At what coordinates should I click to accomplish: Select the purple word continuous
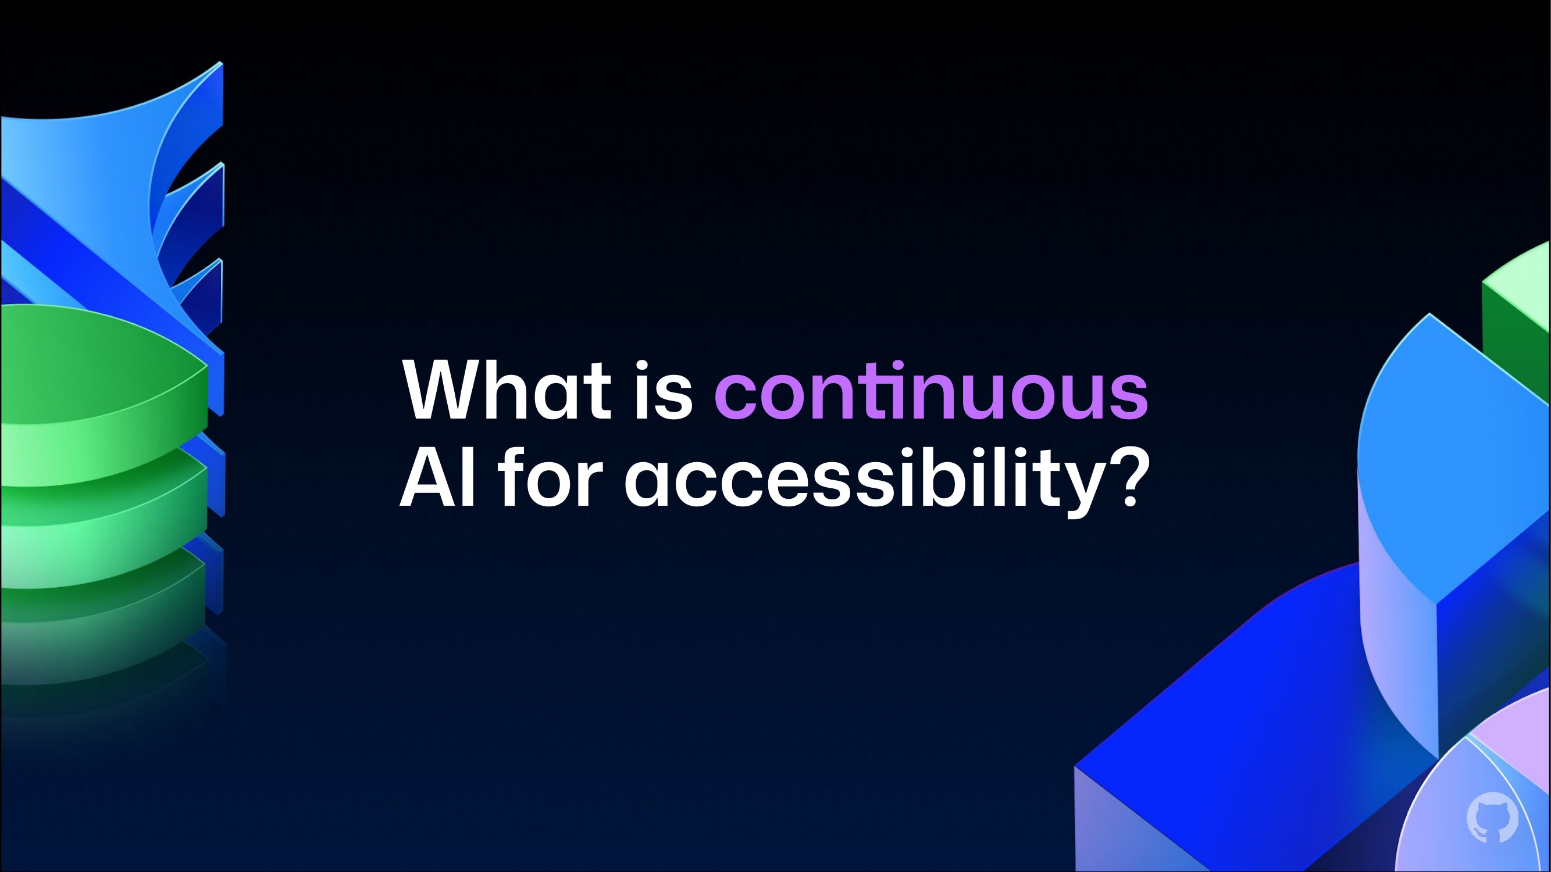click(x=931, y=391)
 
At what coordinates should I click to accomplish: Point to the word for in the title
click(x=550, y=477)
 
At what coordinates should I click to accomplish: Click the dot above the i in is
click(x=644, y=365)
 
